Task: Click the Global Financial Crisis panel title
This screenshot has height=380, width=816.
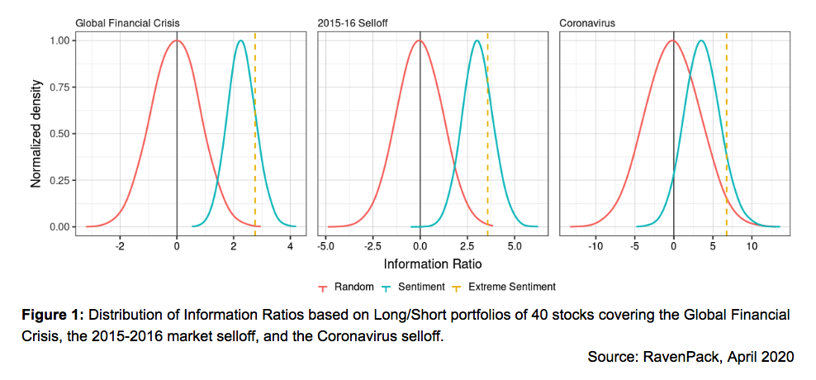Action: pos(127,23)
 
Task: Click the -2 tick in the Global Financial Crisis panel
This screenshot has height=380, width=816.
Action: pos(120,246)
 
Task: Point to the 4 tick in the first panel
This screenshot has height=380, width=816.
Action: pos(290,246)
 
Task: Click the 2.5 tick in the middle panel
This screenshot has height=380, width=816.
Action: pos(467,246)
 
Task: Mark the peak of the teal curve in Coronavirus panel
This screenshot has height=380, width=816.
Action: pos(701,40)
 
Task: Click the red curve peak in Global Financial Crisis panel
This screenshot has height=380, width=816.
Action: pos(177,40)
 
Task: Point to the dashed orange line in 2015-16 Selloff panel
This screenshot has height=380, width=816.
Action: pos(487,132)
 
